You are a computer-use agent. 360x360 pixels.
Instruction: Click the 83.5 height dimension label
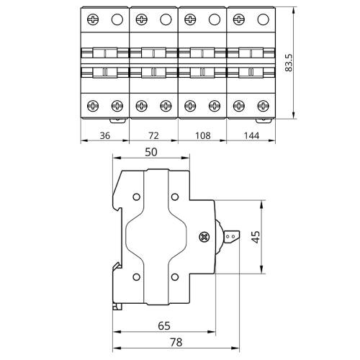point(289,63)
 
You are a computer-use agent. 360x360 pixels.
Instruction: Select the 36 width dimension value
point(105,135)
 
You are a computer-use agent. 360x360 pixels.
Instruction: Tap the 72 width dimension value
point(153,135)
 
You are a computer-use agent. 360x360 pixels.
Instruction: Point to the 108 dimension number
point(203,135)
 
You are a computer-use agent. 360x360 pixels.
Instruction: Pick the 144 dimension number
point(252,135)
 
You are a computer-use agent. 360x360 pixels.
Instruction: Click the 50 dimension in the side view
point(151,152)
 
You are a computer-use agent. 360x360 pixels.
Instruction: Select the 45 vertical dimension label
point(256,237)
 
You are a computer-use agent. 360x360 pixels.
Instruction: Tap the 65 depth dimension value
point(164,325)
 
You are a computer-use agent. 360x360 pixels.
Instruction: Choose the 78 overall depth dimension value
point(176,342)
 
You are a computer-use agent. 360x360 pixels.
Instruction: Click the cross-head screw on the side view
point(204,237)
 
